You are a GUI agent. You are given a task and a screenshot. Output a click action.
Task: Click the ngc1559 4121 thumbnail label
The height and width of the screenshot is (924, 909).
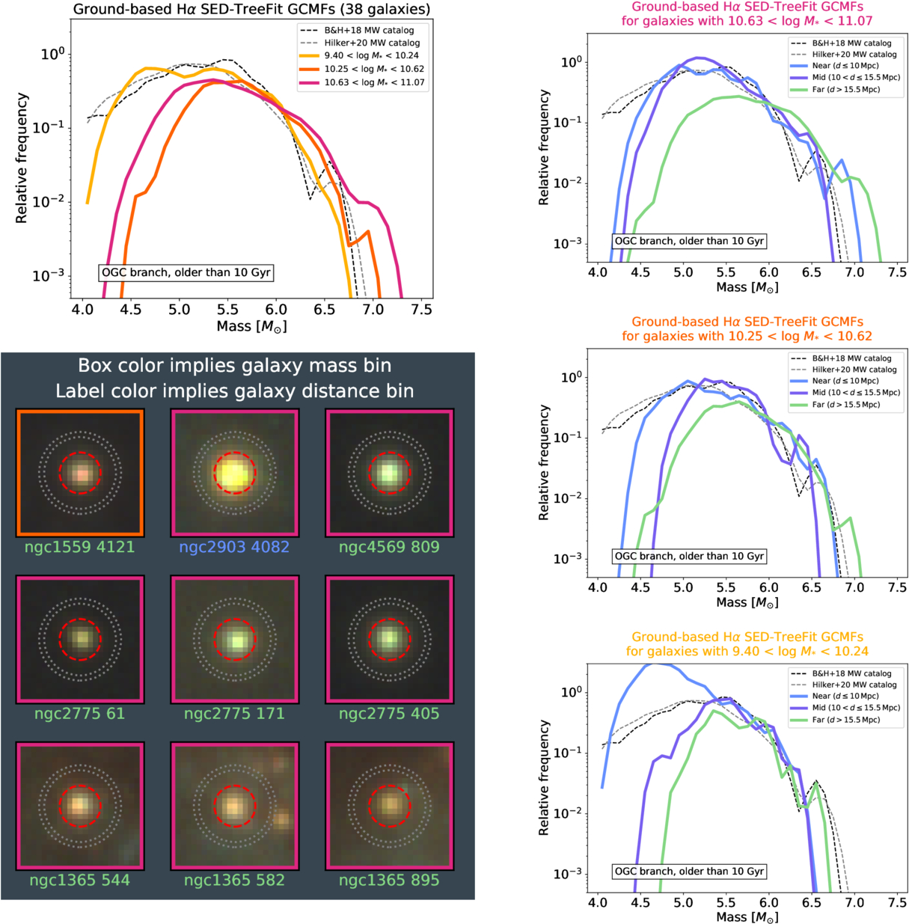click(79, 547)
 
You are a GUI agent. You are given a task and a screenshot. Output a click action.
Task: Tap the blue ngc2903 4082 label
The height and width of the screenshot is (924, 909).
click(234, 547)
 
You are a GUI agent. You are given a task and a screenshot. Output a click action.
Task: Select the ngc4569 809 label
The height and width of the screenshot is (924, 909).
click(389, 547)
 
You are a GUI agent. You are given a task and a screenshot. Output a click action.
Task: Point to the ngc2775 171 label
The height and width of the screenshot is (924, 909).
click(234, 714)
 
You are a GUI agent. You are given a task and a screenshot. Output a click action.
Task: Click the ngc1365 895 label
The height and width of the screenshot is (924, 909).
click(389, 880)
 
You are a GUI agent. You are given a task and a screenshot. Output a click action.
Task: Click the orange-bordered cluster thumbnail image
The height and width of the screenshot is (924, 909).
click(80, 473)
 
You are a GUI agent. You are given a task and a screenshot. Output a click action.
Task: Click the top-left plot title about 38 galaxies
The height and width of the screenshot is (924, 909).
click(251, 10)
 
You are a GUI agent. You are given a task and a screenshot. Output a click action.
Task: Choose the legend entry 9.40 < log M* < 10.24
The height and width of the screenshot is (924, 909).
click(371, 55)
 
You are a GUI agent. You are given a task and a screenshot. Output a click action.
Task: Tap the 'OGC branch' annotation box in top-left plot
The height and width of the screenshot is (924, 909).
click(186, 272)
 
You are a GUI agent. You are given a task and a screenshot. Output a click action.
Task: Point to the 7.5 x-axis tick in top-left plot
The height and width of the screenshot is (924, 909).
click(421, 310)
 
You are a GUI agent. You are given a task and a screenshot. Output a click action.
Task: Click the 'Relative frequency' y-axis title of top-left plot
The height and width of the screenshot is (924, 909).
click(22, 157)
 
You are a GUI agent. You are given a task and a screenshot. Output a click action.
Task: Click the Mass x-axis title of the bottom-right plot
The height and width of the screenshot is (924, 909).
click(747, 917)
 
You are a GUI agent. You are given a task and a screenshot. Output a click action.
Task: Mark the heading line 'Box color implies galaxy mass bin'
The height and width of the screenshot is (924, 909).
click(235, 366)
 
